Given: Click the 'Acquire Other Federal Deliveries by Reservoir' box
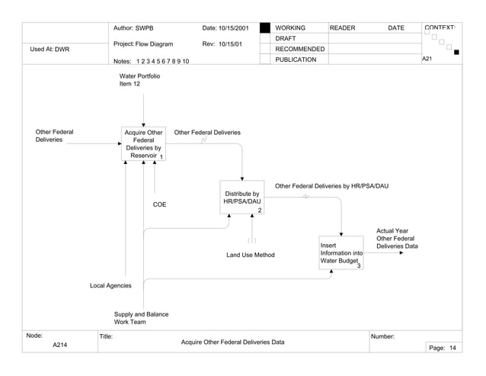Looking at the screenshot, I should (x=144, y=143).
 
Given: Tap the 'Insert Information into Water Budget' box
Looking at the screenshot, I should (x=341, y=253).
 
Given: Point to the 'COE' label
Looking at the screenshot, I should (x=159, y=204).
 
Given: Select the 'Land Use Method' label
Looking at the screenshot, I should (x=251, y=255).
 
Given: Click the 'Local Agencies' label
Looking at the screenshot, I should (x=110, y=285).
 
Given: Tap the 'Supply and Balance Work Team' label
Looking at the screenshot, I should (x=141, y=318).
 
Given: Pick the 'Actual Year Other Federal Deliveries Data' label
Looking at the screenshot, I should (x=397, y=238).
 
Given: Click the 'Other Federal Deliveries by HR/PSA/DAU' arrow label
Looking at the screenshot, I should (x=331, y=185).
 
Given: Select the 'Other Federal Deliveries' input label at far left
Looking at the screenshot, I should (x=55, y=136).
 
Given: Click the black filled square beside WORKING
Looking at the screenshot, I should (x=265, y=28).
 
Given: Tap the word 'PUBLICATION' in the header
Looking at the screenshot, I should (x=296, y=59).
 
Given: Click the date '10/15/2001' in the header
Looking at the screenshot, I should (x=235, y=28).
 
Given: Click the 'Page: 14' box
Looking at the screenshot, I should (x=443, y=348).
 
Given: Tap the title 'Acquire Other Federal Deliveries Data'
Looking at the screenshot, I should (x=232, y=342).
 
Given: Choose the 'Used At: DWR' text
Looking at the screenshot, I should (x=50, y=49).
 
